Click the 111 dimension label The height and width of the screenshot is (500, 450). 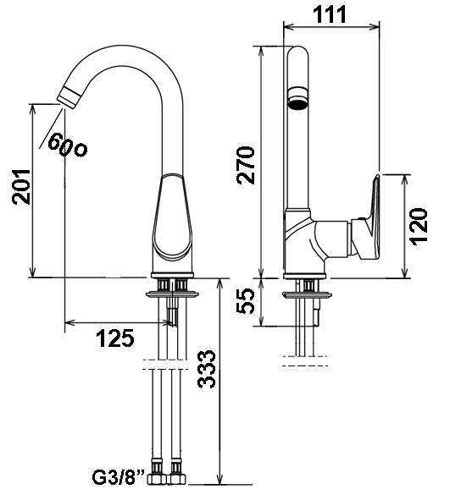pyautogui.click(x=331, y=14)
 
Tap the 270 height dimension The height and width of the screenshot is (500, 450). pyautogui.click(x=246, y=165)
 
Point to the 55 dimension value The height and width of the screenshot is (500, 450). pyautogui.click(x=246, y=301)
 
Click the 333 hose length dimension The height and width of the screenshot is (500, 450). pyautogui.click(x=207, y=369)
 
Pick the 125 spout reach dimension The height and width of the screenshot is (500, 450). pyautogui.click(x=115, y=338)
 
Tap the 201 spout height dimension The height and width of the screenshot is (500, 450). pyautogui.click(x=21, y=187)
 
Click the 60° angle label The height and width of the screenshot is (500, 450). pyautogui.click(x=67, y=145)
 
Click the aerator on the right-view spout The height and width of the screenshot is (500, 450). pyautogui.click(x=297, y=96)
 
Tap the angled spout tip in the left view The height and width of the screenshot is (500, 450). pyautogui.click(x=69, y=97)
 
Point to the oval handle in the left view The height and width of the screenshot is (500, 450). pyautogui.click(x=172, y=216)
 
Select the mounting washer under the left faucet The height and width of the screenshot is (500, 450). pyautogui.click(x=172, y=294)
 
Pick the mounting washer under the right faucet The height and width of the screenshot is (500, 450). pyautogui.click(x=306, y=295)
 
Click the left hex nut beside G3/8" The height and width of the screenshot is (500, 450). pyautogui.click(x=156, y=487)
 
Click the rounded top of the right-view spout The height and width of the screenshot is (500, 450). pyautogui.click(x=298, y=52)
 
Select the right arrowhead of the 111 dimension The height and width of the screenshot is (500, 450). pyautogui.click(x=375, y=27)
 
